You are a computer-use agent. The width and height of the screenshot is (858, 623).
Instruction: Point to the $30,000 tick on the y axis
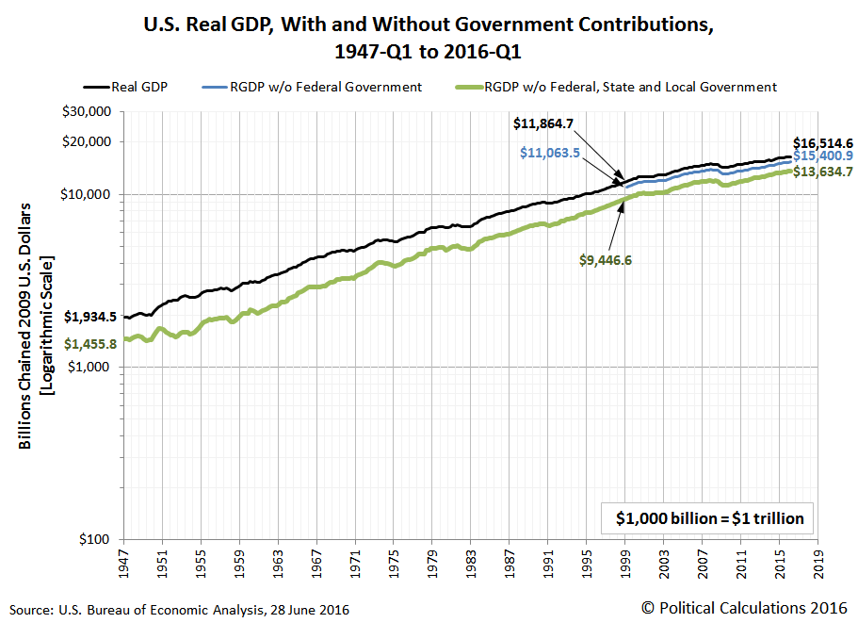(x=91, y=111)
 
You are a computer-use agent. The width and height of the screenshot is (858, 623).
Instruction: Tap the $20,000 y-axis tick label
(x=91, y=141)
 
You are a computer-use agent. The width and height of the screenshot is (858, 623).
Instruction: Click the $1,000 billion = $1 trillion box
(x=709, y=517)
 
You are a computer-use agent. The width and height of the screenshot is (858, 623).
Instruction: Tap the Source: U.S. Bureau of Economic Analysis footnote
(x=179, y=610)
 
